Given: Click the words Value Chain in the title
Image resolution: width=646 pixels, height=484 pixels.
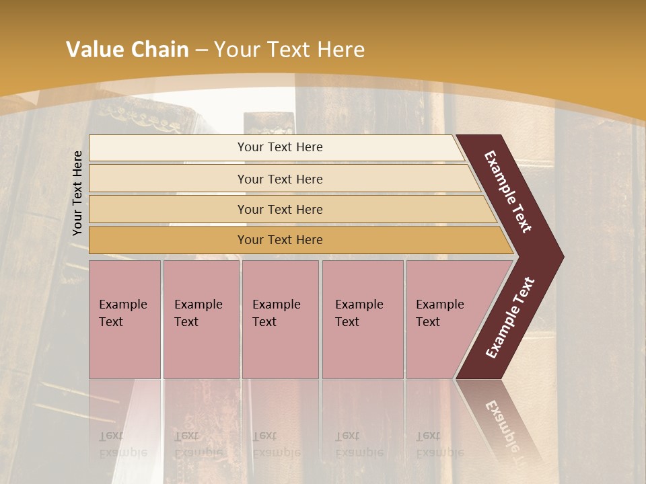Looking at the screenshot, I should tap(127, 50).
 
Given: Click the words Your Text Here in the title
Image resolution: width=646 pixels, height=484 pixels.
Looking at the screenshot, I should tap(289, 50).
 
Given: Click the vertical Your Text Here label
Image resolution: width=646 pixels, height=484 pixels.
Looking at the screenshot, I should tap(77, 193).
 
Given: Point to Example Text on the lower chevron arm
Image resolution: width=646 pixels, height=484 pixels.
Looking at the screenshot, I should tap(510, 317).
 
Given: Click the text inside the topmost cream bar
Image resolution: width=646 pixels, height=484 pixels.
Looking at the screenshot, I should tap(280, 147).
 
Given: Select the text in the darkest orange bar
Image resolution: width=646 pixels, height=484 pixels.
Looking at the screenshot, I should tap(280, 240).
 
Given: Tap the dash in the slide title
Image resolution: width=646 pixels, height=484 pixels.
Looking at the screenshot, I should tap(201, 50).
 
